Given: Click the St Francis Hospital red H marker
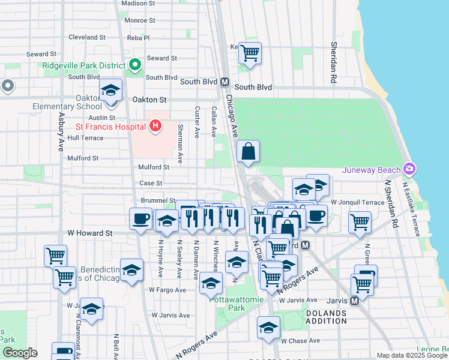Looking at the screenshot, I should tap(155, 126).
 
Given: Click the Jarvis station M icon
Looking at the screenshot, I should tap(354, 300).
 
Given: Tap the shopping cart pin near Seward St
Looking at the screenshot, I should tap(250, 52).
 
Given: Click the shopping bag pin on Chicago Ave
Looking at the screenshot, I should tap(249, 152).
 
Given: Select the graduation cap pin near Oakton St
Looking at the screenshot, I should tap(111, 91).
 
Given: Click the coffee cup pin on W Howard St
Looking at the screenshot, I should tap(141, 219).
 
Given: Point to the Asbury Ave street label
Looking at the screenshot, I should tap(61, 132).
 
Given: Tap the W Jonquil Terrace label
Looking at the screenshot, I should tap(357, 202).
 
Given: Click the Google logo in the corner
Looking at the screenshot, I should tap(20, 353).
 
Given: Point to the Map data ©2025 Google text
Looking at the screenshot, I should tap(411, 355).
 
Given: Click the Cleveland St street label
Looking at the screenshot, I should tap(87, 37).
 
